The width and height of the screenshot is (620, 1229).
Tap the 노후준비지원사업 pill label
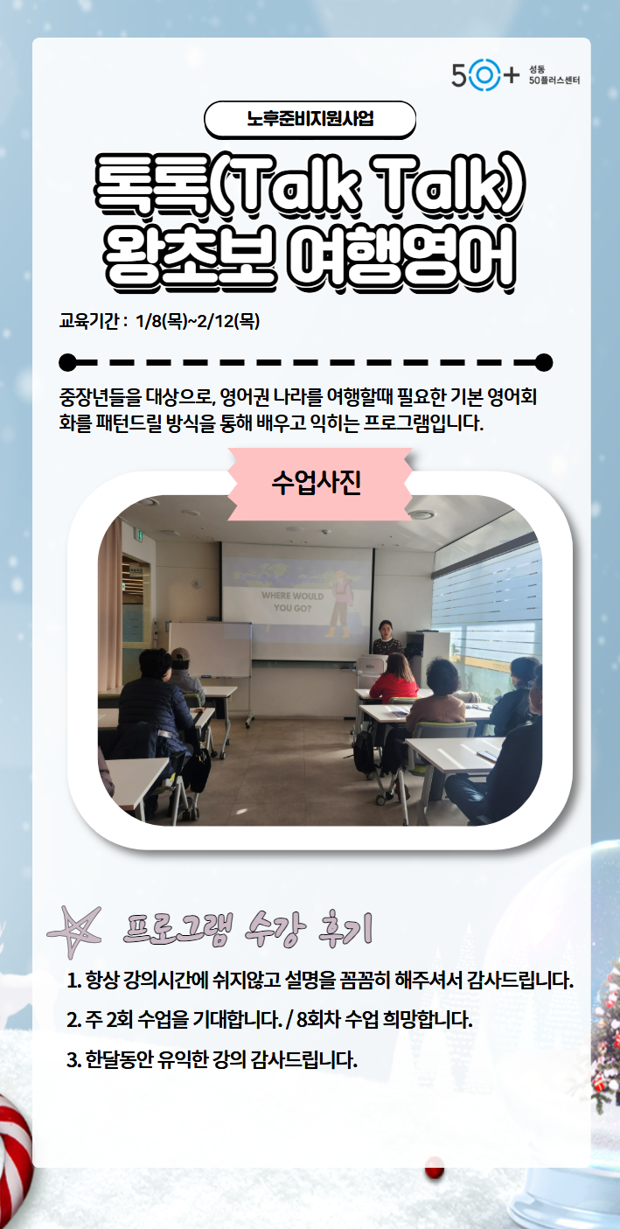click(310, 119)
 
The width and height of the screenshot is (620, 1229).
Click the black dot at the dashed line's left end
click(67, 363)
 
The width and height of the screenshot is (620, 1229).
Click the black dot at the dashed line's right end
click(544, 363)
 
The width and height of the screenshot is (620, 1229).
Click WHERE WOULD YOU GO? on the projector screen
click(292, 602)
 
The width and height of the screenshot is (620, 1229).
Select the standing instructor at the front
click(387, 638)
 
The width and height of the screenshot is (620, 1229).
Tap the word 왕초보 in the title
click(189, 257)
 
